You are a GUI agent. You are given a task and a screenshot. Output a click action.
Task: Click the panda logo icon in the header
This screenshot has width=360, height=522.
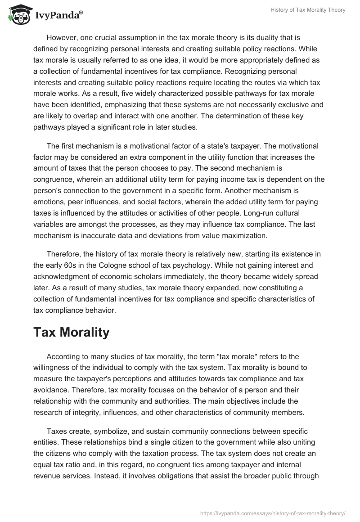pyautogui.click(x=18, y=15)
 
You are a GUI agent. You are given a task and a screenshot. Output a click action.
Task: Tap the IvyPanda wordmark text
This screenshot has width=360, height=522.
pyautogui.click(x=58, y=16)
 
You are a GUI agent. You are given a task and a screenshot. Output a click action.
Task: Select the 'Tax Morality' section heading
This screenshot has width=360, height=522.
pyautogui.click(x=72, y=332)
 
